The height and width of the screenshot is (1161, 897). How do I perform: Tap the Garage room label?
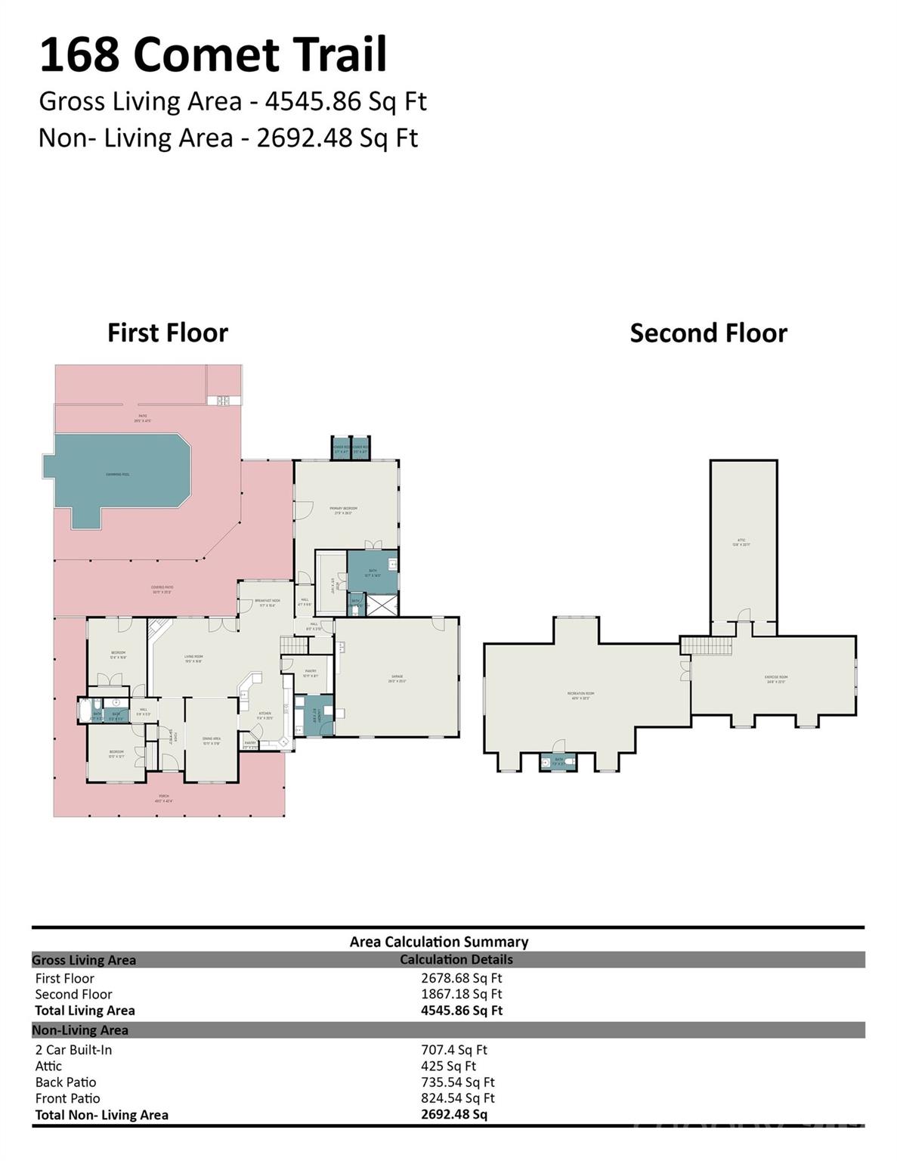397,678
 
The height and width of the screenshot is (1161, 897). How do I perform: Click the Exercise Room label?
776,679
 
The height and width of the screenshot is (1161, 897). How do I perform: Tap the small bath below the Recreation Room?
558,761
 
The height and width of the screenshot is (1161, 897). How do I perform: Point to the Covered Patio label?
162,590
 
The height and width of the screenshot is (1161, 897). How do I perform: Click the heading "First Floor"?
167,333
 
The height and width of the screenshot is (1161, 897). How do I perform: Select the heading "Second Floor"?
708,333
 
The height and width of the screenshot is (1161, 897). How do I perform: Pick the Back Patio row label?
66,1082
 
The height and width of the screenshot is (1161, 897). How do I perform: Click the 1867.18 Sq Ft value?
461,994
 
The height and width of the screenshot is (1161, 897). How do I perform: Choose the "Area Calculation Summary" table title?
438,942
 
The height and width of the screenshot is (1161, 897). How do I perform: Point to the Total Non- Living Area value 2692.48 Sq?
453,1114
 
